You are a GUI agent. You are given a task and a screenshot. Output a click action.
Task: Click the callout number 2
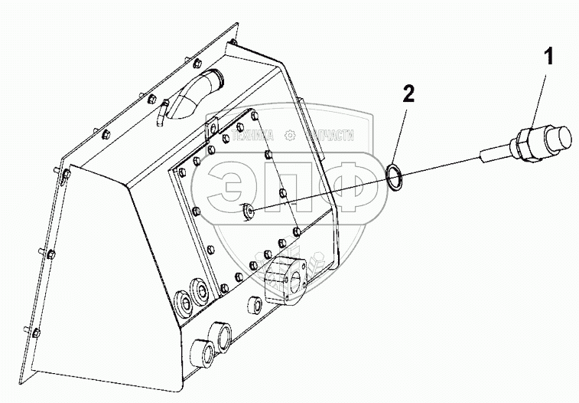point(408,94)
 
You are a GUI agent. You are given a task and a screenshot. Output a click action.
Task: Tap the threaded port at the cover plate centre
point(247,210)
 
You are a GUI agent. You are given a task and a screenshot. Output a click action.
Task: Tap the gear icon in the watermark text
point(290,135)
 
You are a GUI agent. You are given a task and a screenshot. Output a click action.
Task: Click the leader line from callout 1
point(538,96)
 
